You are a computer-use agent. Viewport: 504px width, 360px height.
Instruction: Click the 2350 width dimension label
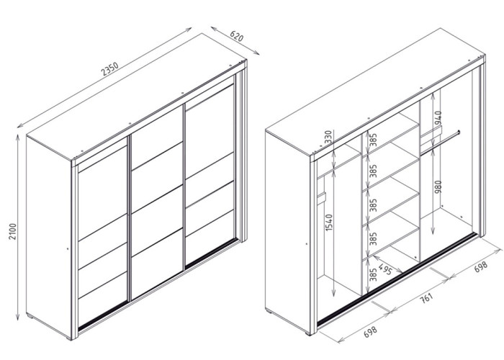click(110, 69)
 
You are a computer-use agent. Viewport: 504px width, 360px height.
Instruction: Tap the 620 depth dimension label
click(237, 36)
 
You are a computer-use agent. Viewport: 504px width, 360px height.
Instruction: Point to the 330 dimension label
click(328, 138)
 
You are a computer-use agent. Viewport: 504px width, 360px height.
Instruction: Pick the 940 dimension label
click(438, 118)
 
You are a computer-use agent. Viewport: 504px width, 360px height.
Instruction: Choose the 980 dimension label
click(438, 187)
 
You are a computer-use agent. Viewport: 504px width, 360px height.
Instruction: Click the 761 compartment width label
click(427, 298)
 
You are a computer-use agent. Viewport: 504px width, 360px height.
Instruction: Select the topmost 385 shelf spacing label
click(373, 140)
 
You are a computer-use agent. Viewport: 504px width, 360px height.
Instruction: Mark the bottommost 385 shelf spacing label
click(373, 274)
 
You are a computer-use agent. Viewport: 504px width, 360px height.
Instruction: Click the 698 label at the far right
click(481, 266)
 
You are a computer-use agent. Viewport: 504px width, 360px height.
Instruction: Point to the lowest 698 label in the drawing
click(370, 332)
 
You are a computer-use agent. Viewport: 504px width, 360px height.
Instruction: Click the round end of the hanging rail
click(459, 132)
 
